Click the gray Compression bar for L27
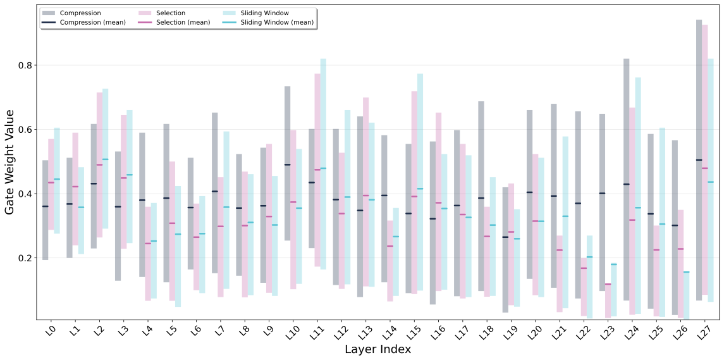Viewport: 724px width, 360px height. coord(699,158)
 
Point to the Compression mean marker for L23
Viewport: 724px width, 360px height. coord(602,193)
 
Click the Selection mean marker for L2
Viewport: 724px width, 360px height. coord(99,164)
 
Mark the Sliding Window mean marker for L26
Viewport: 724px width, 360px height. coord(686,272)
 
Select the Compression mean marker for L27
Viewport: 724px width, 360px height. coord(699,160)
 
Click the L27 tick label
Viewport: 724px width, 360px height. coord(704,331)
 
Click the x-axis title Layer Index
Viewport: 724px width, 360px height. coord(377,349)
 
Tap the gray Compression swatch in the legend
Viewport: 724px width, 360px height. coord(49,13)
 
